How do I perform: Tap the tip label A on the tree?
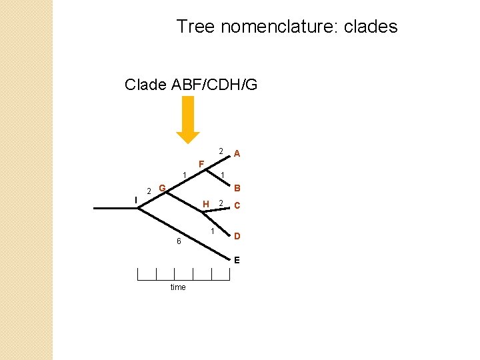[x=237, y=154]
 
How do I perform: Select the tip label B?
[x=237, y=188]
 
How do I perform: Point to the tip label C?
[x=237, y=206]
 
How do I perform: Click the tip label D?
[x=237, y=236]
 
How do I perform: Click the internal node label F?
[x=201, y=164]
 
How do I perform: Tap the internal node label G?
[x=162, y=189]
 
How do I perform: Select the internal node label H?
[x=206, y=204]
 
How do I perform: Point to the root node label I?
[x=135, y=199]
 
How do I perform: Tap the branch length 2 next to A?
[x=221, y=151]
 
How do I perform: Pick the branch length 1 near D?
[x=212, y=231]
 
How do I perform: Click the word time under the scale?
[x=178, y=287]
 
